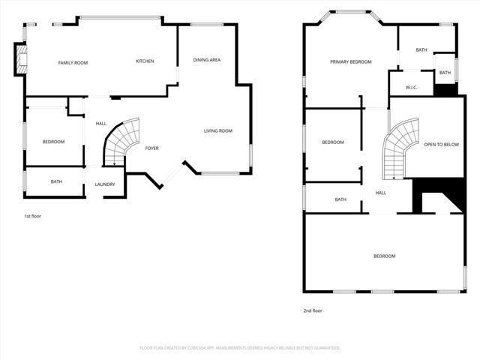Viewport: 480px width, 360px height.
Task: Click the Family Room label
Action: click(x=73, y=63)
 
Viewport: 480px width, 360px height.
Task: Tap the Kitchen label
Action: click(x=145, y=61)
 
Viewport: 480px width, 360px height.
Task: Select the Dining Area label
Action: click(x=206, y=60)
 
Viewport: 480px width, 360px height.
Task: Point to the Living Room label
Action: click(x=218, y=131)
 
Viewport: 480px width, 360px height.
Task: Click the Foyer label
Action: click(x=151, y=148)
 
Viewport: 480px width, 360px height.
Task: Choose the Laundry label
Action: click(x=104, y=184)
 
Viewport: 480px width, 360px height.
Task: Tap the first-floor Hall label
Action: click(x=101, y=124)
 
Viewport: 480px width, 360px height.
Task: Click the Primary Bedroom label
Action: click(x=350, y=61)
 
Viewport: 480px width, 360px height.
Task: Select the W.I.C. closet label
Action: click(x=411, y=88)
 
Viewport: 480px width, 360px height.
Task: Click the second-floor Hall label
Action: click(x=380, y=193)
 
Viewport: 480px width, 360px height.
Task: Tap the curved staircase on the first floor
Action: click(x=120, y=142)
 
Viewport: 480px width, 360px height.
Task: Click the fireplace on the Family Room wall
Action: click(x=20, y=60)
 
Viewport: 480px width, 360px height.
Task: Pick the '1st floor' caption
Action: click(x=32, y=216)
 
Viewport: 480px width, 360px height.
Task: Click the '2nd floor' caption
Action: click(x=312, y=310)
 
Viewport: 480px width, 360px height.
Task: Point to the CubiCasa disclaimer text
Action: click(x=240, y=348)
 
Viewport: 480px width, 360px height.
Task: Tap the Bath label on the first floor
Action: click(x=56, y=181)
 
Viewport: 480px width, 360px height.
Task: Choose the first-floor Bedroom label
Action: click(x=53, y=142)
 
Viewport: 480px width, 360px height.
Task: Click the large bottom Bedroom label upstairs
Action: click(x=384, y=256)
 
